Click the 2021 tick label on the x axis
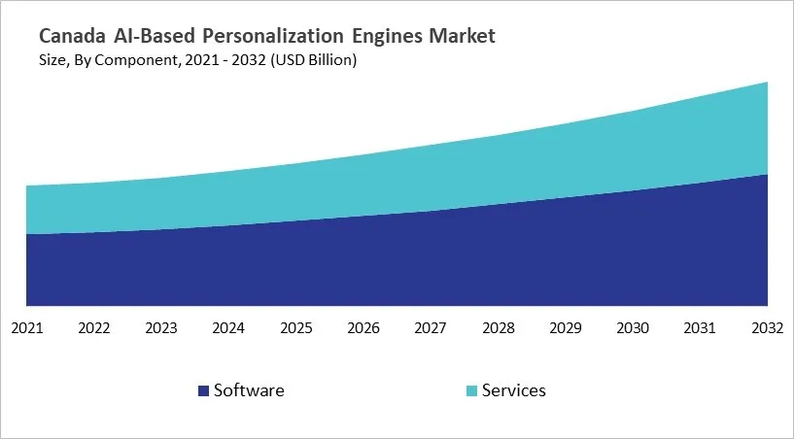(x=26, y=328)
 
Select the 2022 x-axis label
(x=94, y=328)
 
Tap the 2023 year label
(x=161, y=328)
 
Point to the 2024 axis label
(x=228, y=328)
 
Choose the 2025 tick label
(x=296, y=328)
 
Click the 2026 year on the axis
(x=363, y=328)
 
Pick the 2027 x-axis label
(x=431, y=328)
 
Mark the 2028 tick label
(x=499, y=328)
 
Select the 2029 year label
(x=566, y=328)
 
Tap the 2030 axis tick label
(x=633, y=328)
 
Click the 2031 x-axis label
(x=701, y=328)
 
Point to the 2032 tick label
(x=767, y=328)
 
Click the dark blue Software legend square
(x=203, y=391)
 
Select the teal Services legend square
(x=472, y=391)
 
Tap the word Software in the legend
(x=249, y=390)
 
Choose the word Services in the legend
(x=514, y=390)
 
